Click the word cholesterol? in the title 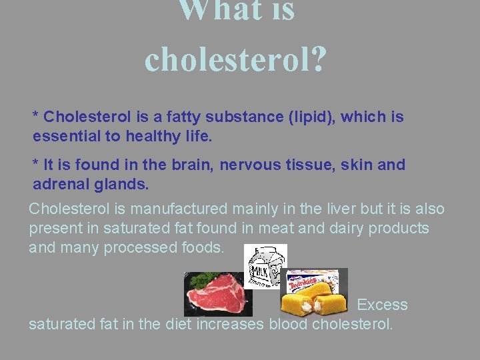click(235, 59)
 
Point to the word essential click(65, 137)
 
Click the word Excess click(382, 305)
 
